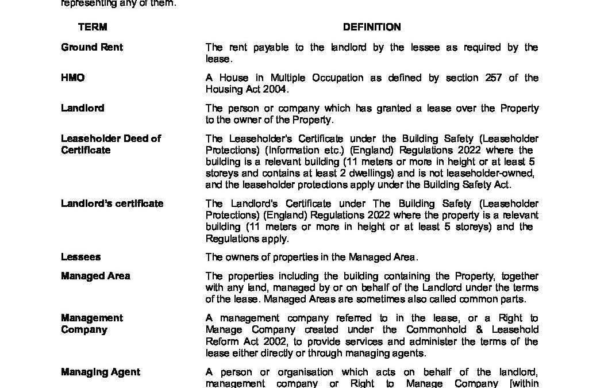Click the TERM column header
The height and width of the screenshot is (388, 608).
(x=93, y=27)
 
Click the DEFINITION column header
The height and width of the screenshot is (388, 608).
(x=372, y=27)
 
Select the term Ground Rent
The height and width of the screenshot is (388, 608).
(x=92, y=47)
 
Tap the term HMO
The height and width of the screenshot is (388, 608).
(x=72, y=78)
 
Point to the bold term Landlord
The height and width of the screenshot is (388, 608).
(x=83, y=108)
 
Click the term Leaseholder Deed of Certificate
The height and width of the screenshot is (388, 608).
(x=111, y=144)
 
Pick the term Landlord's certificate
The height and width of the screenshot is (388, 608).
(x=112, y=203)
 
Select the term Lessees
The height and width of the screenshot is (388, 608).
(x=80, y=257)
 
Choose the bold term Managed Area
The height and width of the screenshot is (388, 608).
(x=95, y=276)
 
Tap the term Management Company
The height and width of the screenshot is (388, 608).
(x=92, y=324)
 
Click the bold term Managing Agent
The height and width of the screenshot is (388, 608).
(x=101, y=372)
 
